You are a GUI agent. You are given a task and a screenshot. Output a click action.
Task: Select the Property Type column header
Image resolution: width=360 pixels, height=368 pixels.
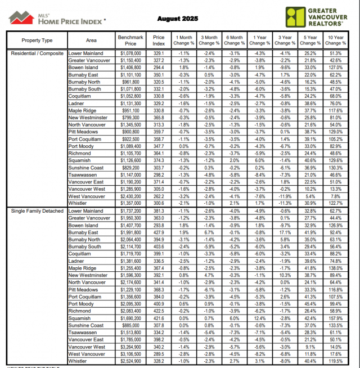tap(37, 41)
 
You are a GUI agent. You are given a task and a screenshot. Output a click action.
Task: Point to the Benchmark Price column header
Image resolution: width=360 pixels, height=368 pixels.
tap(130, 40)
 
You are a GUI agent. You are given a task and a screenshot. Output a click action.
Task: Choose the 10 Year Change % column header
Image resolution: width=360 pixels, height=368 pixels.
tap(335, 40)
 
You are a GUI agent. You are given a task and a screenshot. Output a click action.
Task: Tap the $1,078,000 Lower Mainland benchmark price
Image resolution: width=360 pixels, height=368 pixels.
tap(130, 53)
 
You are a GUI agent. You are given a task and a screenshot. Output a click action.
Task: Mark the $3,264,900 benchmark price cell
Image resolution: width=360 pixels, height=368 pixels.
tap(130, 347)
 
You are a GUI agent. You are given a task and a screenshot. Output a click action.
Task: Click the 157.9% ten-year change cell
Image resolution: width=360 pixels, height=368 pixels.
tap(335, 318)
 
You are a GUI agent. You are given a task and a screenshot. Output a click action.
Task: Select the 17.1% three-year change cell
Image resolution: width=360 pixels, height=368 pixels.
tap(285, 232)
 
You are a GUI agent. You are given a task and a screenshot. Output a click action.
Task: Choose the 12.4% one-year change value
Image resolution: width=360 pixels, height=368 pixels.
tap(259, 318)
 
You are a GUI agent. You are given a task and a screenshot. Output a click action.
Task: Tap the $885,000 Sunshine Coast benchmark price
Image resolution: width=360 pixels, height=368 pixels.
tap(130, 325)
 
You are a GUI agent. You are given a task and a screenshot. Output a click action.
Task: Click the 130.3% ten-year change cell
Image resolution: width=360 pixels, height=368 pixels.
tap(335, 168)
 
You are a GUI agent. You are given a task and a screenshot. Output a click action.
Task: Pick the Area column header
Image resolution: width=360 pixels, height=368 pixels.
tap(91, 41)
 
